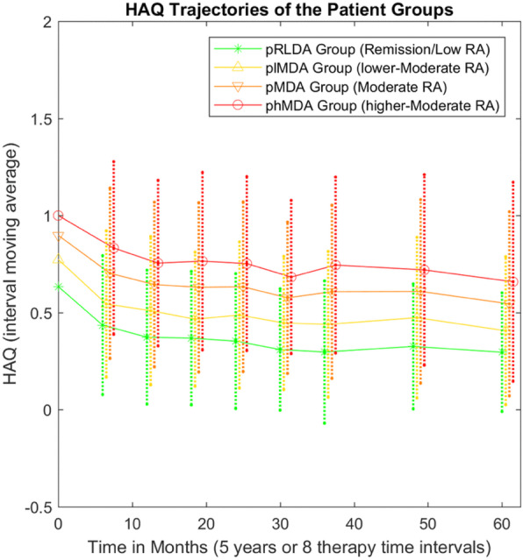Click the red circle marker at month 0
coord(59,216)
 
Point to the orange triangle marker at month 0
coord(59,236)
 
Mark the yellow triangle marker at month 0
coord(59,259)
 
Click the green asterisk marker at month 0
coord(59,287)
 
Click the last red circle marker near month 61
coord(513,282)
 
